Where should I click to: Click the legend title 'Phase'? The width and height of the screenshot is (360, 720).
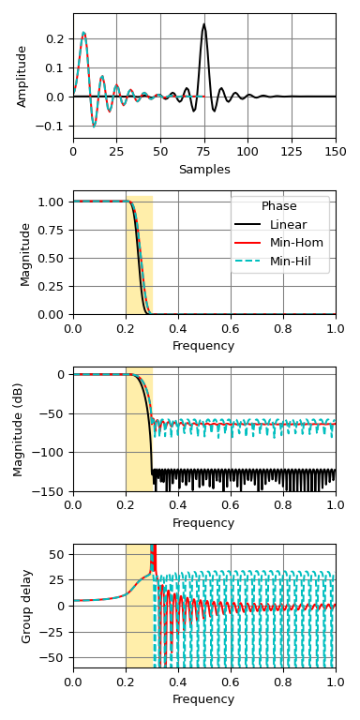tap(279, 206)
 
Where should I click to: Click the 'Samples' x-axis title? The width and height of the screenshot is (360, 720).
tap(203, 170)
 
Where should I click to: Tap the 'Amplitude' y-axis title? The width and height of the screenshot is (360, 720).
tap(22, 75)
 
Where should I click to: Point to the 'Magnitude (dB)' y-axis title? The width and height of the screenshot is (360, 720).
tap(18, 429)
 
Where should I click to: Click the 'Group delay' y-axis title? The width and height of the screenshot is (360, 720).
tap(27, 606)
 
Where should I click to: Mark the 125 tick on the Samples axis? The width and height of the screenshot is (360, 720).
tap(292, 150)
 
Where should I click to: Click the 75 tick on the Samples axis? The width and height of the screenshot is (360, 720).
tap(203, 150)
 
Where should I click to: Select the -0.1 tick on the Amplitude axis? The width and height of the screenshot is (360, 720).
tap(56, 126)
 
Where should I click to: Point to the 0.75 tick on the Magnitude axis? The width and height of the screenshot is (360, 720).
tap(56, 230)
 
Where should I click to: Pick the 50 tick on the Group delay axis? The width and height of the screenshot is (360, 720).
tap(59, 554)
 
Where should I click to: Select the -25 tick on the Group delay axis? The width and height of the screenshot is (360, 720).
tap(55, 631)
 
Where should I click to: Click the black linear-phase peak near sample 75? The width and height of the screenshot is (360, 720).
tap(203, 25)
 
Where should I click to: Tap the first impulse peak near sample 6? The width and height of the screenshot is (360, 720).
tap(83, 33)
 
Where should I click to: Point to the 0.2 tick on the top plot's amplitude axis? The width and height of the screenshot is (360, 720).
tap(58, 38)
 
